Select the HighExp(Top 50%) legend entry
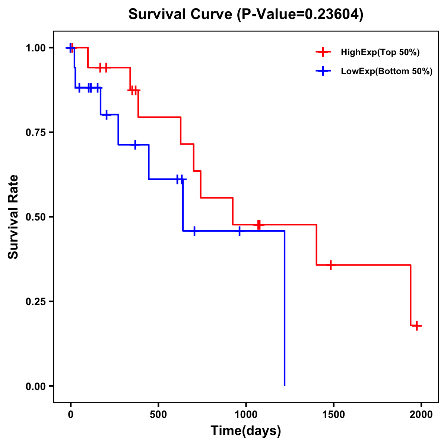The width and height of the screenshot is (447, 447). pyautogui.click(x=380, y=53)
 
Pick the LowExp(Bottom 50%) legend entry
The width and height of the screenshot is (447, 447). pyautogui.click(x=386, y=72)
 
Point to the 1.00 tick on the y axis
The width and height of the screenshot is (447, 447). pyautogui.click(x=35, y=48)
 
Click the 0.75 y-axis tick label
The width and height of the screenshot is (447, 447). pyautogui.click(x=35, y=133)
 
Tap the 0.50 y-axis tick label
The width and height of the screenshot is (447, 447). pyautogui.click(x=35, y=217)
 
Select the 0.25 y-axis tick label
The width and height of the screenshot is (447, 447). pyautogui.click(x=35, y=302)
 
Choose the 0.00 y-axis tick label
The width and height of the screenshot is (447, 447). pyautogui.click(x=35, y=386)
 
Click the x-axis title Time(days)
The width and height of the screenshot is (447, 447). pyautogui.click(x=246, y=431)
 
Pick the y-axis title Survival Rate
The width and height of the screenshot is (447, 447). pyautogui.click(x=13, y=217)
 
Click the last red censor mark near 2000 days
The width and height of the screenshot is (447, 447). pyautogui.click(x=417, y=326)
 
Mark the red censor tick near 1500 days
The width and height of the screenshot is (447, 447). pyautogui.click(x=330, y=265)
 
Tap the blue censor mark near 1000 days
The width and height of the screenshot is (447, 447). pyautogui.click(x=240, y=231)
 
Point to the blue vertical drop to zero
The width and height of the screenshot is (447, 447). pyautogui.click(x=285, y=309)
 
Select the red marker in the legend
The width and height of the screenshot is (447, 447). pyautogui.click(x=323, y=52)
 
